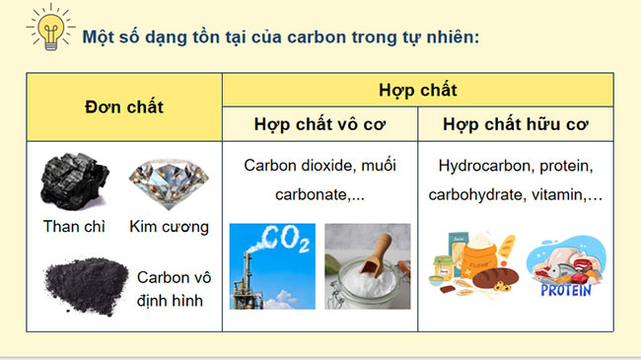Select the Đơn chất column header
(124, 107)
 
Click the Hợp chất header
(417, 90)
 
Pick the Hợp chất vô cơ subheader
(320, 124)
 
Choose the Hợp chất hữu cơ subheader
(515, 124)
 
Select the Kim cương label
(169, 226)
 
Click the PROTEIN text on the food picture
(567, 290)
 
